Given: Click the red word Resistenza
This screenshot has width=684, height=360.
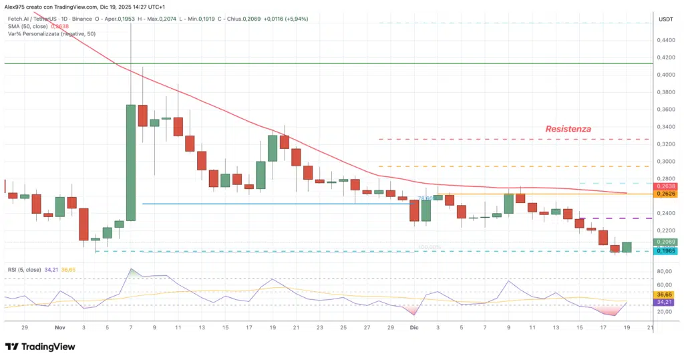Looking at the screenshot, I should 568,128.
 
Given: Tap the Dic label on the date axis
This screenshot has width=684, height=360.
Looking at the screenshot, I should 413,328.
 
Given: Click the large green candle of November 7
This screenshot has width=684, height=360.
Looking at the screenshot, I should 130,162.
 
